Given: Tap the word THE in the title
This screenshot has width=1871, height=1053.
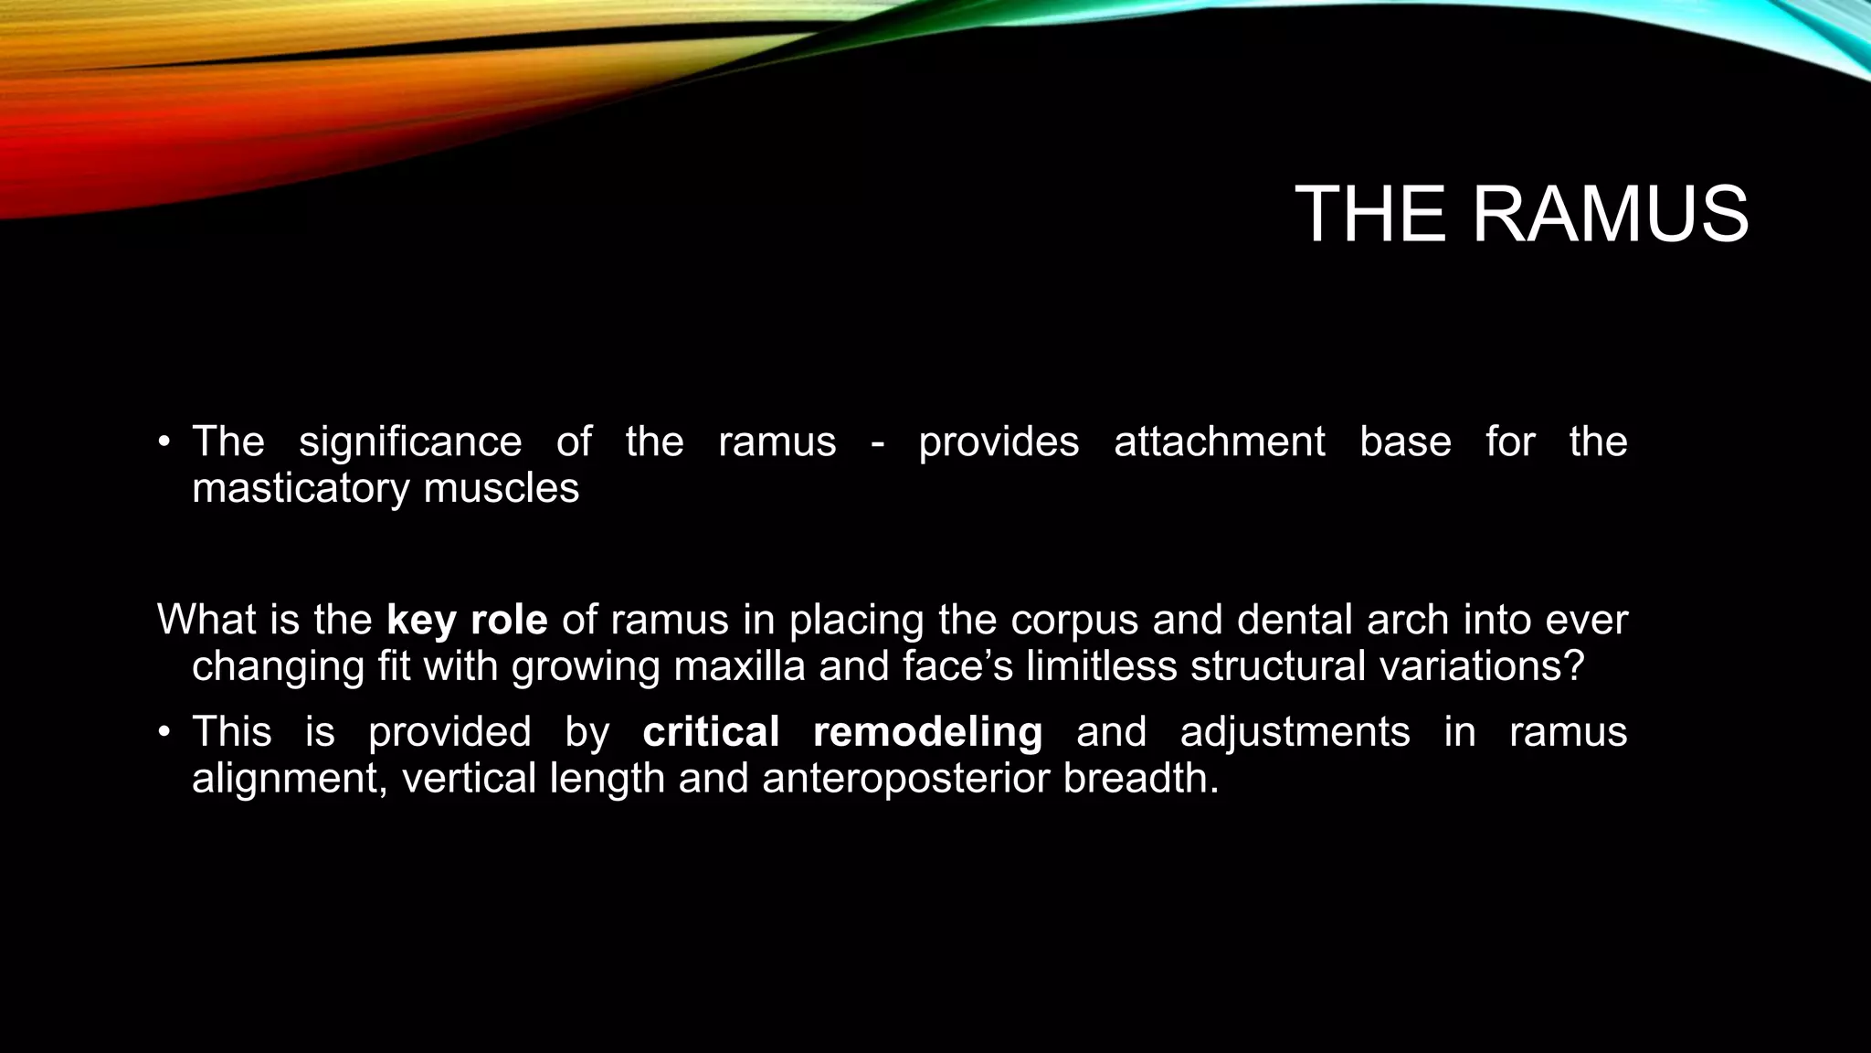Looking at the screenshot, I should [1370, 215].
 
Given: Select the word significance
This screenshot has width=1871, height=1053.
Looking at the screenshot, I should [410, 442].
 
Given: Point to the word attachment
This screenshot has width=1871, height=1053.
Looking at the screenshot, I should [1219, 442].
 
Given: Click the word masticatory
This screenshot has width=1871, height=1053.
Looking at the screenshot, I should [301, 488].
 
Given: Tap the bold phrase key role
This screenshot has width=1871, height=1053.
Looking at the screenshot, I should [467, 620].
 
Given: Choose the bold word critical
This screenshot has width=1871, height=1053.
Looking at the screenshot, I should [711, 732].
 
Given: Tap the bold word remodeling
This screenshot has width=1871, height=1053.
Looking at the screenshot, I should [927, 732].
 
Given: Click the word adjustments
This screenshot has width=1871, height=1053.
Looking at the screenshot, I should [1295, 732].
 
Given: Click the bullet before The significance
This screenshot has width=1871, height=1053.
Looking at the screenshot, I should [164, 443].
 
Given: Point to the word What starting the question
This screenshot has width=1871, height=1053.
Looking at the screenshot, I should [206, 620].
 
